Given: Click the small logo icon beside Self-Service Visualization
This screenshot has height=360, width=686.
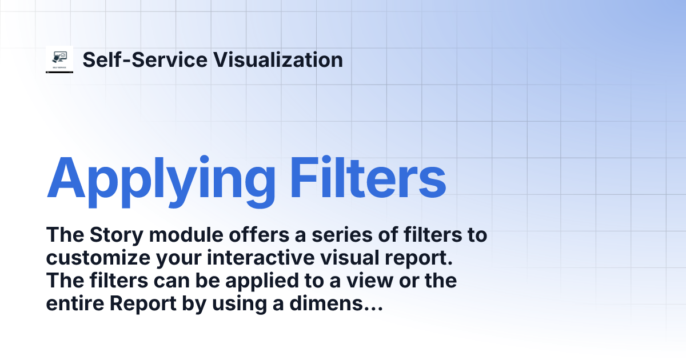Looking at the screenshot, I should click(59, 59).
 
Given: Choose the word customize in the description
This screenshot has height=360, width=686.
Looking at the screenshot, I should click(97, 258).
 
